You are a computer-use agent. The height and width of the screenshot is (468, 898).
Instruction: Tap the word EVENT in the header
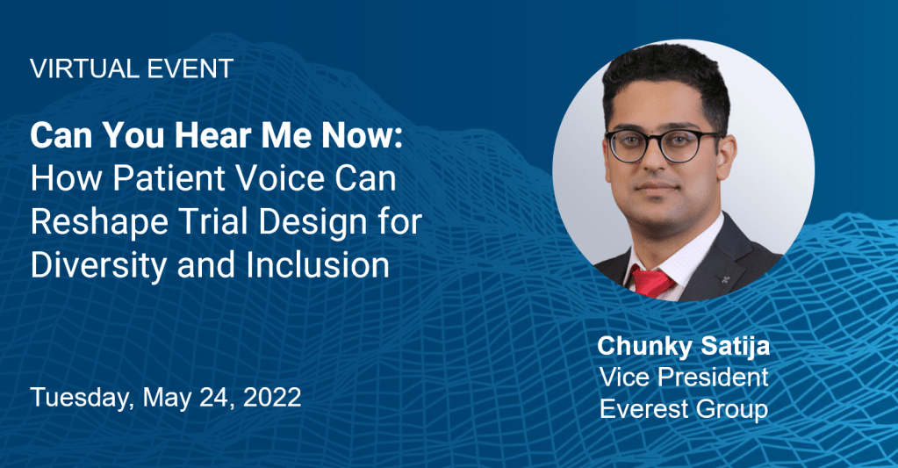pyautogui.click(x=190, y=68)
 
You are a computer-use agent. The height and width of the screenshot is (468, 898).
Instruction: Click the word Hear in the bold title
pyautogui.click(x=215, y=136)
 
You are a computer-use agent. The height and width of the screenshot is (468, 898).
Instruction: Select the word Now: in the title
pyautogui.click(x=362, y=136)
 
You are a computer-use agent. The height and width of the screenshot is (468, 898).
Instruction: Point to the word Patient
pyautogui.click(x=169, y=179)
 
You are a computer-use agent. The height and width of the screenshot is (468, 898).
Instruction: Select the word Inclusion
pyautogui.click(x=318, y=265)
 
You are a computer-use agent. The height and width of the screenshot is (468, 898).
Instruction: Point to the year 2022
pyautogui.click(x=272, y=398)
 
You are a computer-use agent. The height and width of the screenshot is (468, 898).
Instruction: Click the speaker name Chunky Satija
pyautogui.click(x=683, y=347)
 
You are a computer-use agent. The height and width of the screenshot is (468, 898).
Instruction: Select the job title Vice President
pyautogui.click(x=683, y=378)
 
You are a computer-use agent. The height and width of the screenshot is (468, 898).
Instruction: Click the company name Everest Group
pyautogui.click(x=683, y=409)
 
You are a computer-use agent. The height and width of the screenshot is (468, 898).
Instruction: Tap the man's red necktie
pyautogui.click(x=650, y=281)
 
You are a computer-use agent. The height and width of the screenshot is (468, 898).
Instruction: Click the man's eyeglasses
pyautogui.click(x=664, y=144)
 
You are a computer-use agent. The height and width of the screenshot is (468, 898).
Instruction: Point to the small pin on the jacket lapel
pyautogui.click(x=726, y=278)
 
